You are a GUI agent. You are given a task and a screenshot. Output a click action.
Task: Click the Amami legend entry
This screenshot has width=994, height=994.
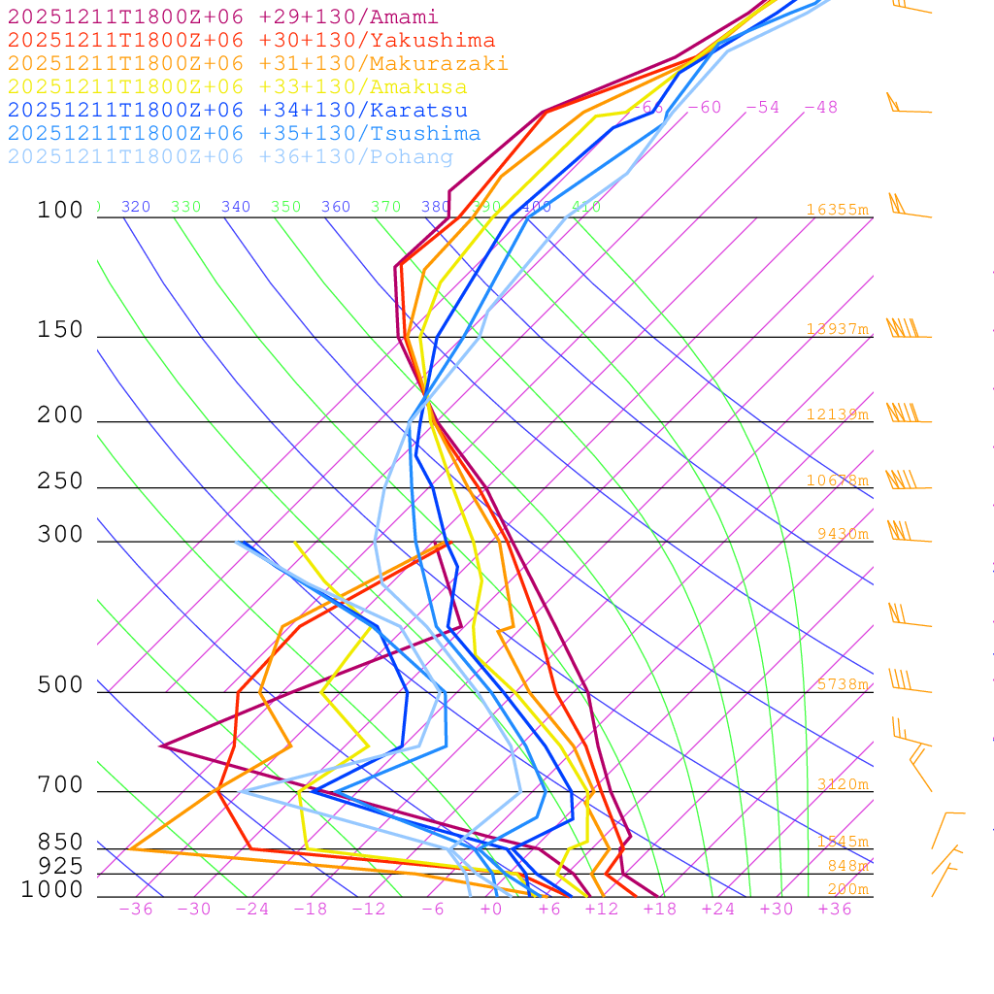tap(223, 17)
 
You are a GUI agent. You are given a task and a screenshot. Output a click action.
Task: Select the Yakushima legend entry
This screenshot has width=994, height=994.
tap(251, 41)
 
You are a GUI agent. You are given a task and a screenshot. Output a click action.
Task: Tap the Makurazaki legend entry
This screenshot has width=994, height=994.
tap(258, 64)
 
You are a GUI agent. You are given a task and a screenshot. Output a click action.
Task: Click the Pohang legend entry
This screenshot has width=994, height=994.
tap(231, 157)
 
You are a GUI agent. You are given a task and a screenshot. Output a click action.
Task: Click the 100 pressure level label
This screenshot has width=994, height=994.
tap(60, 211)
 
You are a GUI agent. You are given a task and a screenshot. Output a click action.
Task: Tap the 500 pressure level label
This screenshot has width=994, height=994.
tap(60, 686)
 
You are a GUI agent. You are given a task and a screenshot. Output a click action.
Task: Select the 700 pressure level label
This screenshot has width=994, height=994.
tap(60, 785)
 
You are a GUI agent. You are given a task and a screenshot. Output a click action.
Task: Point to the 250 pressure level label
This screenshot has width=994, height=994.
tap(60, 481)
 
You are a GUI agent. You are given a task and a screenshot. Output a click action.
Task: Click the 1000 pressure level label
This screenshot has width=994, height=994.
tap(52, 890)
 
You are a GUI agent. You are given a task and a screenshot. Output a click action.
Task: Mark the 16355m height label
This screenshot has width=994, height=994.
tap(837, 210)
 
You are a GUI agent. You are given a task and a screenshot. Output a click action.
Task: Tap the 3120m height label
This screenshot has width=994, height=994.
tap(843, 784)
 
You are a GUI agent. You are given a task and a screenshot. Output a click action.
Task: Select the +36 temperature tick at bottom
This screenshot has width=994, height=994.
tap(835, 910)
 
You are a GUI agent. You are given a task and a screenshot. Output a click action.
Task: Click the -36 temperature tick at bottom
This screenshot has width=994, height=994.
tap(136, 910)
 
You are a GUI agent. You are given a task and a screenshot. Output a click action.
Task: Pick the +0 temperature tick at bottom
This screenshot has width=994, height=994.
tap(491, 910)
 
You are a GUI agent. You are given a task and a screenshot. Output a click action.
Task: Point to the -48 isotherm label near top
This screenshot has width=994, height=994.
tap(820, 108)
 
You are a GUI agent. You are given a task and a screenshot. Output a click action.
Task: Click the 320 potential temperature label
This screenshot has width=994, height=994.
tap(136, 207)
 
